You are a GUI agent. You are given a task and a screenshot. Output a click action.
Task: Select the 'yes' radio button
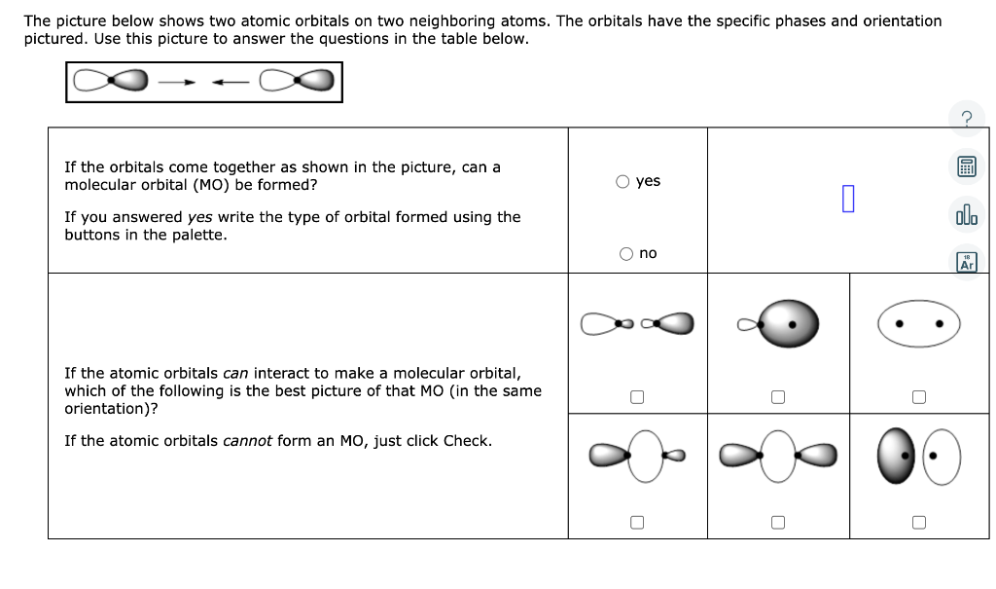tap(624, 181)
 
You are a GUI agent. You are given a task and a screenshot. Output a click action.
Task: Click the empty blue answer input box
tap(848, 200)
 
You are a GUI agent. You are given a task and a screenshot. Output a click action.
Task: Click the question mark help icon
tap(966, 119)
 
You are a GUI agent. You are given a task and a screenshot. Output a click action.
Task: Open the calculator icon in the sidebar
tap(966, 167)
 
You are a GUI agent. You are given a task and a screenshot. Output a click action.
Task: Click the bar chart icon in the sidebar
tap(966, 214)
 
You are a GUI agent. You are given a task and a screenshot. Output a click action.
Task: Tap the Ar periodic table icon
tap(966, 262)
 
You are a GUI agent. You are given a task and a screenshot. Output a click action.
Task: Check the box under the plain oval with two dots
tap(918, 396)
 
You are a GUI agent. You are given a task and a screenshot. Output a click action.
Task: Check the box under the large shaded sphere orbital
tap(777, 396)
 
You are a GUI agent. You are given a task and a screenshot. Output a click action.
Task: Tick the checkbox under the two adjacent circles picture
tap(918, 522)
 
